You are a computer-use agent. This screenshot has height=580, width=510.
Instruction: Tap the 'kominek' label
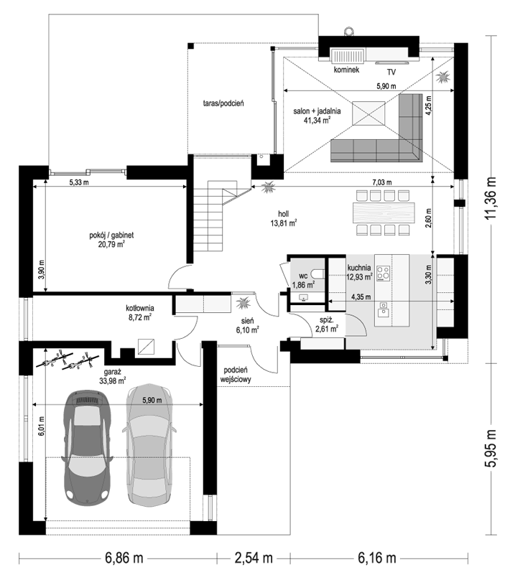346,70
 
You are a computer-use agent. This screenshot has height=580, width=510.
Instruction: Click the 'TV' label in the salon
391,72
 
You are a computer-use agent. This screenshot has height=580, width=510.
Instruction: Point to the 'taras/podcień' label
223,103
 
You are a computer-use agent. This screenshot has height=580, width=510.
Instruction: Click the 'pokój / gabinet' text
111,235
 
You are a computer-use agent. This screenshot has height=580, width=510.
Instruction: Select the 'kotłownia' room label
140,308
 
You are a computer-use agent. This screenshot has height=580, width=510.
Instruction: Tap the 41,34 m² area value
317,120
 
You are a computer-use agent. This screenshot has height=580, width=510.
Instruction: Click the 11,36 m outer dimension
491,199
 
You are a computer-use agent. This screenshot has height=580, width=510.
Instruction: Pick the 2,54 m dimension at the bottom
254,558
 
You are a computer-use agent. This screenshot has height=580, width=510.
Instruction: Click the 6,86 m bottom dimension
124,558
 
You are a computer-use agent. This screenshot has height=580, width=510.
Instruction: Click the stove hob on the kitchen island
383,273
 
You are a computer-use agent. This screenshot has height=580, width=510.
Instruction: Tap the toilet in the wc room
318,274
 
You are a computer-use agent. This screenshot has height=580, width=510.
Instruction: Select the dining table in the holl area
384,212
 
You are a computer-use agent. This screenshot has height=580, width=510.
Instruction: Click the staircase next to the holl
215,216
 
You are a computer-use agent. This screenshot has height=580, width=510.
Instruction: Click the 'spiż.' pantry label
326,321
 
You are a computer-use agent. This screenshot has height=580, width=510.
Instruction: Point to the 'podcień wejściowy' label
236,375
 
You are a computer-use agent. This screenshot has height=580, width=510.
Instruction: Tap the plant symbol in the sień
244,303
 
